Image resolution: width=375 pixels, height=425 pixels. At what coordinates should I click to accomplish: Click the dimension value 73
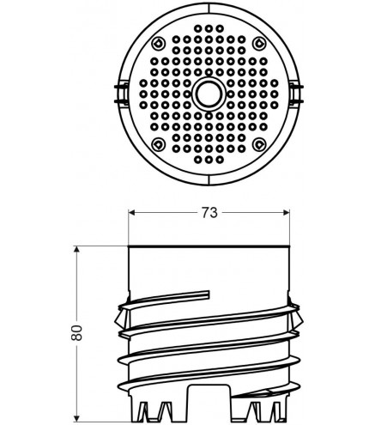coord(209,213)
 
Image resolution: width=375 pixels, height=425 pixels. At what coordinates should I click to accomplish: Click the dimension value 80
coord(76,332)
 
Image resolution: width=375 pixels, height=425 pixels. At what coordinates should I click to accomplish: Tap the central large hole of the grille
coord(209,94)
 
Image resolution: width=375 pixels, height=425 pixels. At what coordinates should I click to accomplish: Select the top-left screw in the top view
coord(158,44)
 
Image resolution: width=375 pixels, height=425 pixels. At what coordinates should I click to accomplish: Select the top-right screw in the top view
coord(259,44)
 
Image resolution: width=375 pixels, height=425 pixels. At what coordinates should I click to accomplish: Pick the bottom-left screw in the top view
coord(158,144)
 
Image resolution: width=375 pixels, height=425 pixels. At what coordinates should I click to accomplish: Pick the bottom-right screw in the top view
coord(259,144)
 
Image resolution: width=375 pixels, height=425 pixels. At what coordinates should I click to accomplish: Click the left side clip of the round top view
coord(122,94)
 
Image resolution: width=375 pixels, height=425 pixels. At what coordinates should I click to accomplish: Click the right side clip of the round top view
coord(295,94)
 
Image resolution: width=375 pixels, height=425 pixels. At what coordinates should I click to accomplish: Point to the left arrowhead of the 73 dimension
coord(131,213)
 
